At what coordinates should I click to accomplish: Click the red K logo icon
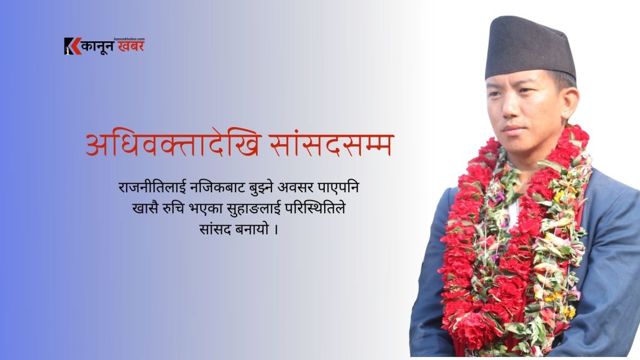[73, 46]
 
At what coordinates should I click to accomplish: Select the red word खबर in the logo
[131, 46]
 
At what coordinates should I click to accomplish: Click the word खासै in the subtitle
[145, 208]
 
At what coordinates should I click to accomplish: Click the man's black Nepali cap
[529, 48]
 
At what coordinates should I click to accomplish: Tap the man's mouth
[513, 129]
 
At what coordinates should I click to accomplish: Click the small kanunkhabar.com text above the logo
[129, 39]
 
